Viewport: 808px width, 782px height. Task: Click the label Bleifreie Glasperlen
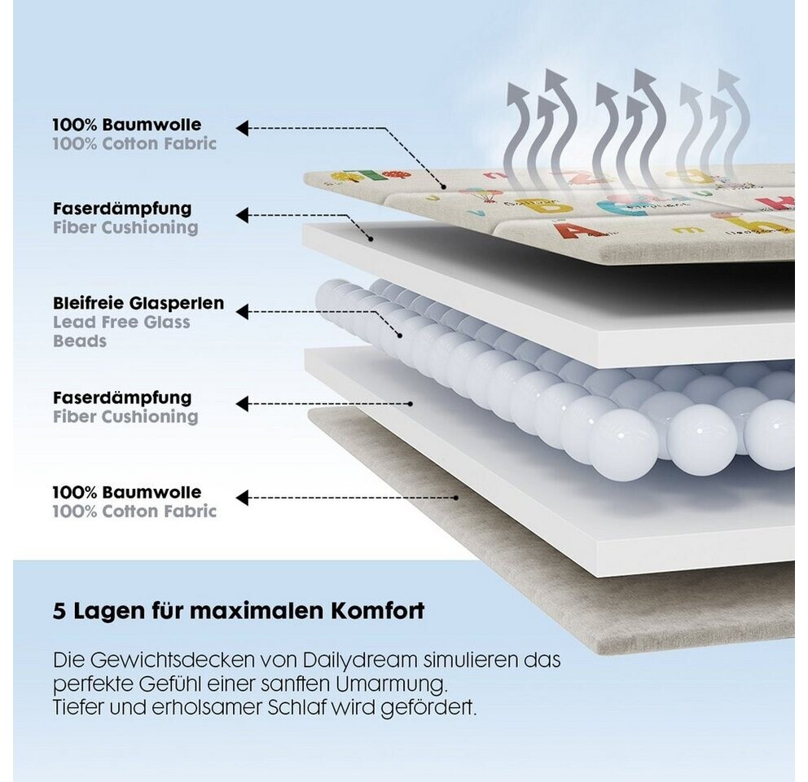138,303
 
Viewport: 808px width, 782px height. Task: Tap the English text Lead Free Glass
121,322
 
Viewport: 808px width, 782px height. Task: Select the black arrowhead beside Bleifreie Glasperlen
242,310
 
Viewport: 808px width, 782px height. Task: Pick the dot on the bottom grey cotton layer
457,497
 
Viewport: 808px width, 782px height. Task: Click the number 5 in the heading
59,612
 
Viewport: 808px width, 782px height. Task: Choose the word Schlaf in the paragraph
304,707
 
